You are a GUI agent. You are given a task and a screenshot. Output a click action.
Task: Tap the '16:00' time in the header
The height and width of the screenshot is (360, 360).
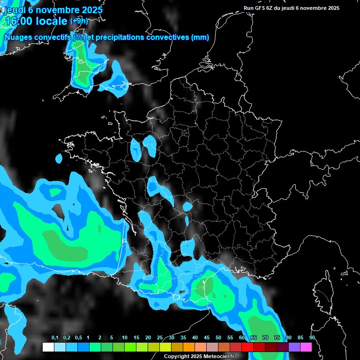[x=22, y=21]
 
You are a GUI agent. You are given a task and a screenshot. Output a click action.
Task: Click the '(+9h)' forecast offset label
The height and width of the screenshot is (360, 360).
[x=79, y=21]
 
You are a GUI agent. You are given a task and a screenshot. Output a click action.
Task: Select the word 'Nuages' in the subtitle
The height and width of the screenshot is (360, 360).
[x=17, y=37]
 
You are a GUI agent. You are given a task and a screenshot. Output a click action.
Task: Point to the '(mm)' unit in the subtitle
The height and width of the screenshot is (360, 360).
[x=200, y=37]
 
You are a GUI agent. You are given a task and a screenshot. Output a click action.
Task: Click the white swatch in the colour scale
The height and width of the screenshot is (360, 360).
[x=48, y=347]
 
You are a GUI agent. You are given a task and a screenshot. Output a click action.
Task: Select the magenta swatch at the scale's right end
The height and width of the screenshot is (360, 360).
[x=306, y=347]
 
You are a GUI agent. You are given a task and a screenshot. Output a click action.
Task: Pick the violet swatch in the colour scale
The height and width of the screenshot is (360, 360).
[x=294, y=347]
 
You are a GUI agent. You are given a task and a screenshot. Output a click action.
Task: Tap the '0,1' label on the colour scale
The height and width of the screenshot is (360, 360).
[x=54, y=338]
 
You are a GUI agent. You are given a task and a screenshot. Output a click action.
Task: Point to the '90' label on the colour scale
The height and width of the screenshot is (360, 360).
[x=312, y=338]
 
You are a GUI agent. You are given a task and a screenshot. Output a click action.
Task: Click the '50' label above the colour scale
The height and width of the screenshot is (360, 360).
[x=218, y=338]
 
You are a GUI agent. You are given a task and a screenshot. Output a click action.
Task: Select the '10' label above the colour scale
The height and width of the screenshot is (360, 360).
[x=125, y=338]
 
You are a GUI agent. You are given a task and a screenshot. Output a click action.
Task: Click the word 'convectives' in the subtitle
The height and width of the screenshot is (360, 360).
[x=168, y=37]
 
